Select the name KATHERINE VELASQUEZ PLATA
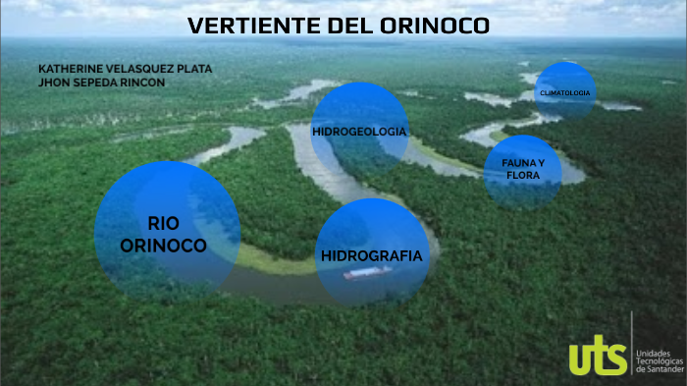[x=125, y=69]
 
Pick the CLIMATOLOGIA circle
[x=564, y=92]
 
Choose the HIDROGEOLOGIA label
[x=359, y=131]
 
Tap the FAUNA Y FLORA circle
[x=523, y=169]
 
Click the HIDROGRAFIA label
[x=371, y=255]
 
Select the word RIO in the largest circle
[x=164, y=223]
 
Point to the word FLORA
[x=523, y=175]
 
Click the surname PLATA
[x=191, y=69]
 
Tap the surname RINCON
[x=144, y=83]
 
